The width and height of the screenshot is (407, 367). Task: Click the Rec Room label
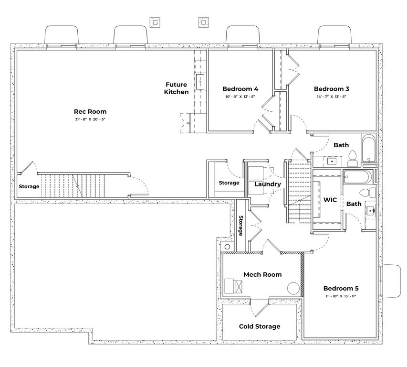point(90,111)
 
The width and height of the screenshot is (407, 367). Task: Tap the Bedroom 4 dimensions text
point(240,97)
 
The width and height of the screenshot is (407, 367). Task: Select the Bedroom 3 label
point(332,89)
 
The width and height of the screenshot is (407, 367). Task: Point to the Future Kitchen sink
point(200,82)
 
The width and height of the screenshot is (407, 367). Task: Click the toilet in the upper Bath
point(353,157)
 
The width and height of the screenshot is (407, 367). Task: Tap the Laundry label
point(267,184)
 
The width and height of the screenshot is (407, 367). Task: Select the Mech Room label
point(262,274)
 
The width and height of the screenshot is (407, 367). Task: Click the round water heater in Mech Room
point(293,288)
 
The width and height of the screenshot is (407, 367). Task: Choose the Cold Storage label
point(260,326)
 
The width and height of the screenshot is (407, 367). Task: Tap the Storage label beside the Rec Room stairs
point(29,186)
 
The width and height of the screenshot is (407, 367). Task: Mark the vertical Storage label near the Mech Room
point(241,226)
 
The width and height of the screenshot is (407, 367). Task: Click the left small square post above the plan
point(154,22)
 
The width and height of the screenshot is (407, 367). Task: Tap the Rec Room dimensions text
point(90,119)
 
